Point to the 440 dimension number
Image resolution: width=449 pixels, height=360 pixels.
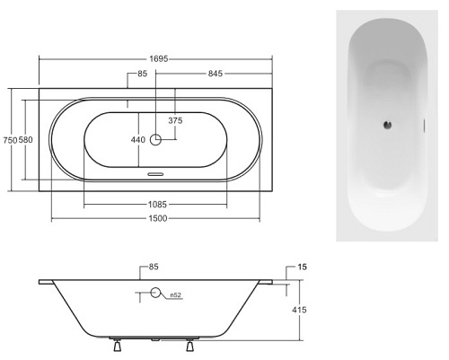137,140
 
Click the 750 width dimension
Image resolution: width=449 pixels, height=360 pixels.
10,140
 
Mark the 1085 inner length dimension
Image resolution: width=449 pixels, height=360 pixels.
155,204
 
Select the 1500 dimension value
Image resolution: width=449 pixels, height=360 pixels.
155,218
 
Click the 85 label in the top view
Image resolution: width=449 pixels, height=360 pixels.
142,74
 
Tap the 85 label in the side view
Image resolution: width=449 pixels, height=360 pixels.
154,267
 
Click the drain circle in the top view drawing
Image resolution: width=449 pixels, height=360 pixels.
155,140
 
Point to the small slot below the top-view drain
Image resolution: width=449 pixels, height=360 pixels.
155,176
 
